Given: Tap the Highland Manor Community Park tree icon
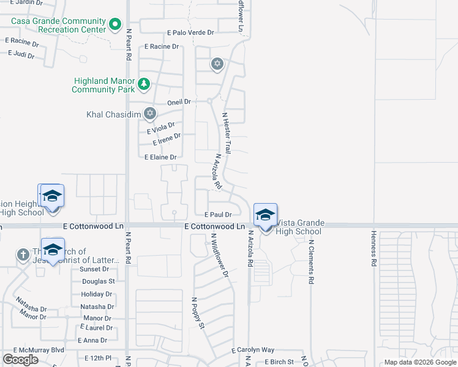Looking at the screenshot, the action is pyautogui.click(x=143, y=84).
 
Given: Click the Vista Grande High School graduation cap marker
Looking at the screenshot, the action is pyautogui.click(x=265, y=216).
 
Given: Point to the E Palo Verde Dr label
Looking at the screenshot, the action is pyautogui.click(x=190, y=32).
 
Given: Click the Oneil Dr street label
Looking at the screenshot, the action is pyautogui.click(x=179, y=102).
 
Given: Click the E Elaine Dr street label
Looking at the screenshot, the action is pyautogui.click(x=160, y=157).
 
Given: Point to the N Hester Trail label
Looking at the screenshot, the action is pyautogui.click(x=227, y=132).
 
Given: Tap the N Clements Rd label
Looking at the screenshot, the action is pyautogui.click(x=311, y=260).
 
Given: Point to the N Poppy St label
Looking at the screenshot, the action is pyautogui.click(x=198, y=314).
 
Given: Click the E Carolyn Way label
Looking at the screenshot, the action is pyautogui.click(x=253, y=350).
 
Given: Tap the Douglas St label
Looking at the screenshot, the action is pyautogui.click(x=98, y=281).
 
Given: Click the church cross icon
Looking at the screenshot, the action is pyautogui.click(x=23, y=254).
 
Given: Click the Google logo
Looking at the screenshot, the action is pyautogui.click(x=20, y=360).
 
